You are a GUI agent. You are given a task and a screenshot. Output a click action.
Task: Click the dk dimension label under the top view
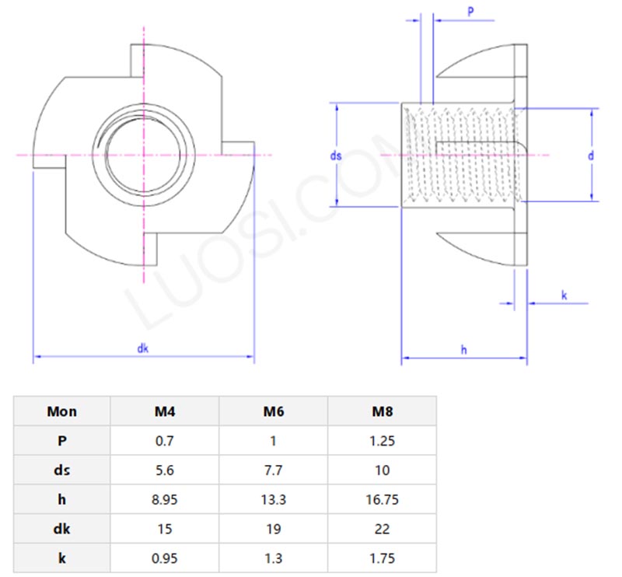(143, 349)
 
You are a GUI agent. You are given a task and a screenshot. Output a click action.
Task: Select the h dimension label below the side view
(464, 351)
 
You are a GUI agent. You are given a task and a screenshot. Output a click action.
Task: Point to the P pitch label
(471, 11)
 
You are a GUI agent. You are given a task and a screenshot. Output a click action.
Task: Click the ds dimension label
(336, 156)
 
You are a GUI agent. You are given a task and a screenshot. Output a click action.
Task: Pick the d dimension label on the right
(591, 156)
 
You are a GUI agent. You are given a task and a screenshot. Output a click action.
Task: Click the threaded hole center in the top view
(144, 156)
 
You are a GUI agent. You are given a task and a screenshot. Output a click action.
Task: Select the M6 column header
(273, 411)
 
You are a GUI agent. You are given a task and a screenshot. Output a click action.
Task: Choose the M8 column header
(382, 411)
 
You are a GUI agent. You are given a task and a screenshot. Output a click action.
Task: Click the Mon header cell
(62, 411)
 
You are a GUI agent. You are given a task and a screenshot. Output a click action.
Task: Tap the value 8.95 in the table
(164, 499)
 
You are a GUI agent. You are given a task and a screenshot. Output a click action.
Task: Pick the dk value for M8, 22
(382, 529)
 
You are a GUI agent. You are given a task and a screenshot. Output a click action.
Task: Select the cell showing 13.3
(273, 499)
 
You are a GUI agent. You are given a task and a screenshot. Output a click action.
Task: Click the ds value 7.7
(273, 470)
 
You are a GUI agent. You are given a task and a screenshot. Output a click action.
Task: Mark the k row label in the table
(62, 558)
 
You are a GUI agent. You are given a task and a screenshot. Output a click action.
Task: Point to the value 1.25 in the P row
(382, 441)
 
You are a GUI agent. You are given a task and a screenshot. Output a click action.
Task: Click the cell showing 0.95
(164, 558)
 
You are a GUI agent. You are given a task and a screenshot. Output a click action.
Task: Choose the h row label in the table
(62, 499)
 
